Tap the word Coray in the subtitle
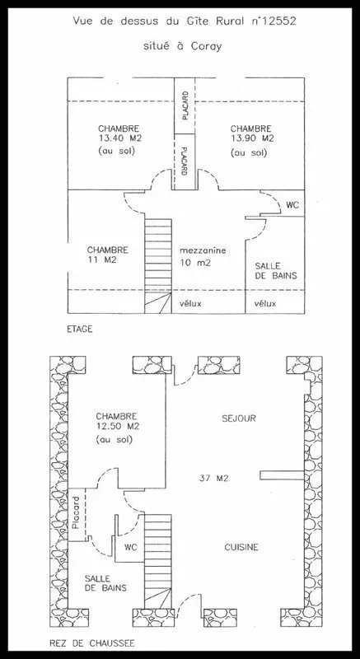coord(204,46)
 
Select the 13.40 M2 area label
coord(119,138)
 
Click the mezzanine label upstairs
coord(203,251)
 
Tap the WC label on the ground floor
coord(131,547)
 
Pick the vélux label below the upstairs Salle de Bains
coord(265,303)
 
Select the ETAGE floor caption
coord(79,329)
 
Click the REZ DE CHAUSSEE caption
coord(92,643)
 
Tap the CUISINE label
coord(241,547)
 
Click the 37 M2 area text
coord(214,478)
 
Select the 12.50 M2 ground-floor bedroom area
coord(118,427)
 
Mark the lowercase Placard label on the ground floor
coord(76,513)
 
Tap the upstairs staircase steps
coord(158,265)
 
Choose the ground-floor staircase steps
coord(158,560)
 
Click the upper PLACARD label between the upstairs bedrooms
coord(185,106)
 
